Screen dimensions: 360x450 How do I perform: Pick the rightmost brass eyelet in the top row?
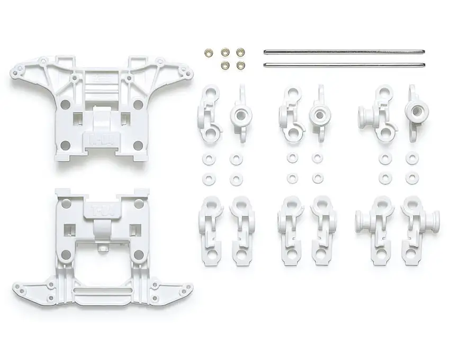click(240, 52)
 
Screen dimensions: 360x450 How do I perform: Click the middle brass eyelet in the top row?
click(225, 52)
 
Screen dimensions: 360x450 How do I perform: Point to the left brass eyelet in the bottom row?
click(225, 65)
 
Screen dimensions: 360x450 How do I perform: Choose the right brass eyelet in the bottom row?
click(240, 65)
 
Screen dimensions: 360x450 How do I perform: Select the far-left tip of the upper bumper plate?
click(12, 71)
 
